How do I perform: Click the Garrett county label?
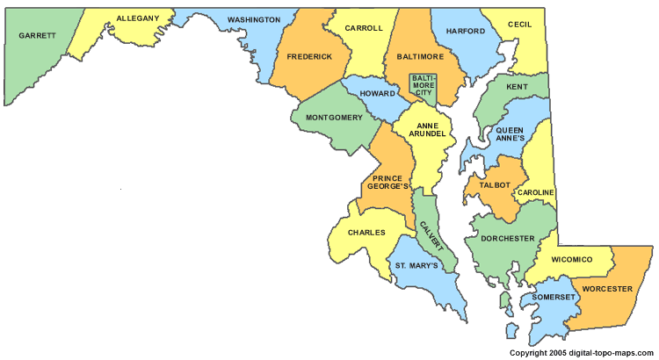click(36, 36)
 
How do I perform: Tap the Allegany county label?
click(138, 18)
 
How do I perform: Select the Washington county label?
click(254, 19)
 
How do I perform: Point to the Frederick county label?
click(309, 56)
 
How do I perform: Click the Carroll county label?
click(364, 28)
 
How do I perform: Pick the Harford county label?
click(466, 31)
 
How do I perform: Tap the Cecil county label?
click(519, 25)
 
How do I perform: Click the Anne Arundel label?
click(424, 128)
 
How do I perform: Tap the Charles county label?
click(366, 233)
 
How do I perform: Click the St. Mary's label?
click(416, 265)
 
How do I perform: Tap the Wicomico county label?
click(583, 260)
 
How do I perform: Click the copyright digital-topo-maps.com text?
click(583, 353)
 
